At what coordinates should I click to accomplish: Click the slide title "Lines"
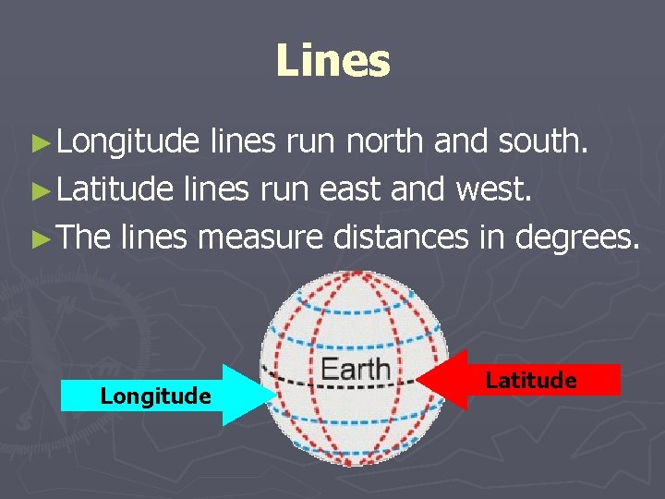(332, 61)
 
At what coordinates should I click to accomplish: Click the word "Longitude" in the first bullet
(127, 141)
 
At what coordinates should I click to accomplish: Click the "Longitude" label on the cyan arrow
(155, 396)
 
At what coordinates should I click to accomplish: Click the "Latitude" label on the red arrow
(531, 380)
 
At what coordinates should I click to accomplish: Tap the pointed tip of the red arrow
(417, 380)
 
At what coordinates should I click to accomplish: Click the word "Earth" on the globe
(355, 370)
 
